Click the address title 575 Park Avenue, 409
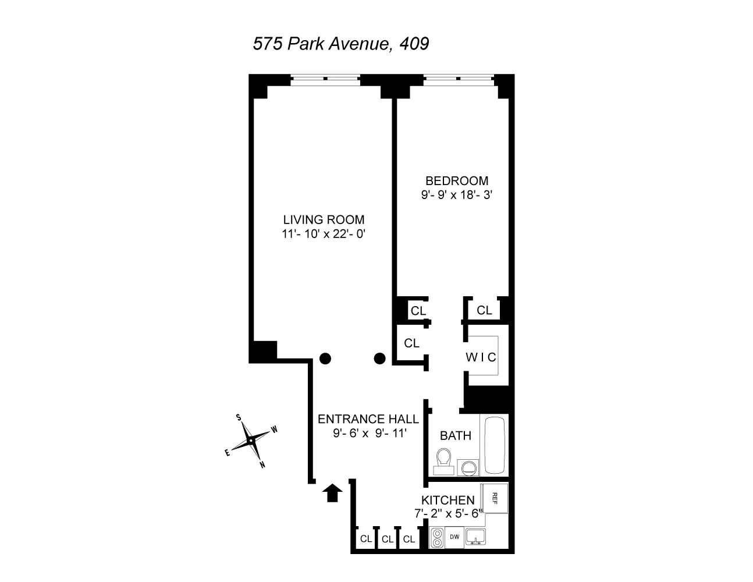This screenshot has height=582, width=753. tap(341, 44)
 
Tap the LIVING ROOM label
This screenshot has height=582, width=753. tap(324, 220)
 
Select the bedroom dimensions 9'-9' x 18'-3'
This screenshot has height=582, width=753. tap(457, 196)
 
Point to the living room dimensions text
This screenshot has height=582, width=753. tap(324, 234)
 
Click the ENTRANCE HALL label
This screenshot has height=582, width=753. tap(368, 419)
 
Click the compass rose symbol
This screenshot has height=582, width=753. tap(251, 441)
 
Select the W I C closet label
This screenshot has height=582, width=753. tap(481, 357)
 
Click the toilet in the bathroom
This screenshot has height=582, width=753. tap(445, 460)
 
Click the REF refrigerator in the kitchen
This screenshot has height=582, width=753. tap(495, 498)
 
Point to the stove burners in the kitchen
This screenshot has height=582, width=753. tap(438, 537)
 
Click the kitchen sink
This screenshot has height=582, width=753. tap(475, 537)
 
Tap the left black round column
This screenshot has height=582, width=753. tap(325, 359)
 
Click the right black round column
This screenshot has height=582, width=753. tap(379, 359)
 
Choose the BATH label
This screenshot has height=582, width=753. tap(456, 435)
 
